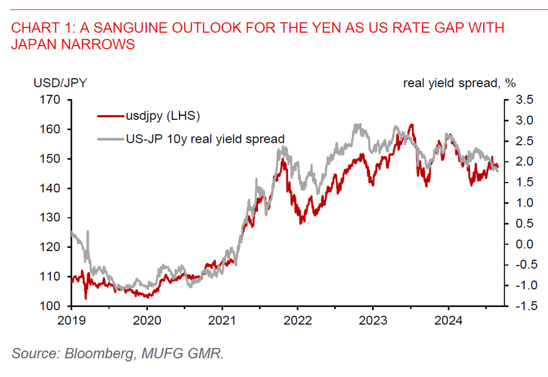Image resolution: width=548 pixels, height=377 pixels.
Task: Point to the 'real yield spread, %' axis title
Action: click(459, 83)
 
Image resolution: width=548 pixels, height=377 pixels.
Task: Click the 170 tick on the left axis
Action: click(56, 100)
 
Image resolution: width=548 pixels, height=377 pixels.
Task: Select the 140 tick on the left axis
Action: click(56, 188)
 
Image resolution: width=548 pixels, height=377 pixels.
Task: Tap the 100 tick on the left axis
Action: click(56, 306)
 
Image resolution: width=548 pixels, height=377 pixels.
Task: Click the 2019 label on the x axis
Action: click(71, 321)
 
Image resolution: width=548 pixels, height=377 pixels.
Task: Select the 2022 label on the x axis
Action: click(298, 321)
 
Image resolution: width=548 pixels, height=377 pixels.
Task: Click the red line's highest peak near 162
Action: click(411, 125)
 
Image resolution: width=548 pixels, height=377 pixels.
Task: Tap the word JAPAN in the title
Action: click(34, 44)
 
